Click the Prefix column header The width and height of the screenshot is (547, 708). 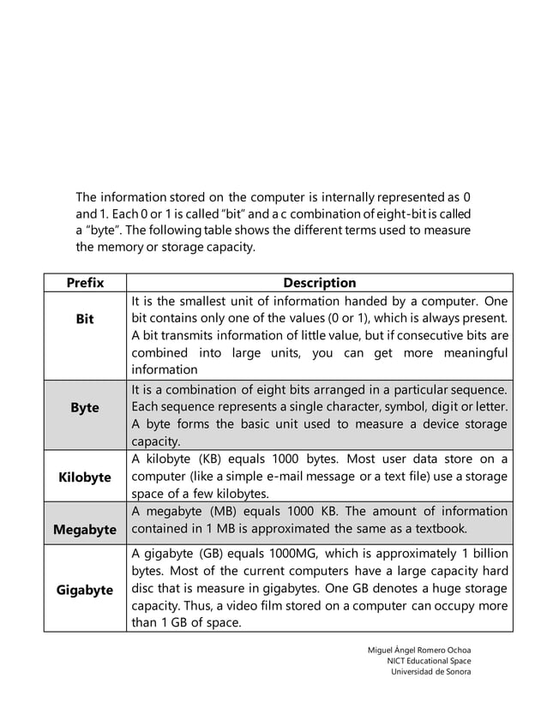pos(85,283)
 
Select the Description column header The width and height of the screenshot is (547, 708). pos(319,283)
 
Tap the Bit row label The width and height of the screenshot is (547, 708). pos(85,319)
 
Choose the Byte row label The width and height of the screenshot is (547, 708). pos(85,408)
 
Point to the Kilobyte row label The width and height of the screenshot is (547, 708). pos(85,477)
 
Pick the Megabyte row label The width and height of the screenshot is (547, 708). pos(85,530)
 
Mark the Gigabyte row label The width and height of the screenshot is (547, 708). pos(85,590)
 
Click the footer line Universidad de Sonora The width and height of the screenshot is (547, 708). pos(430,671)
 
